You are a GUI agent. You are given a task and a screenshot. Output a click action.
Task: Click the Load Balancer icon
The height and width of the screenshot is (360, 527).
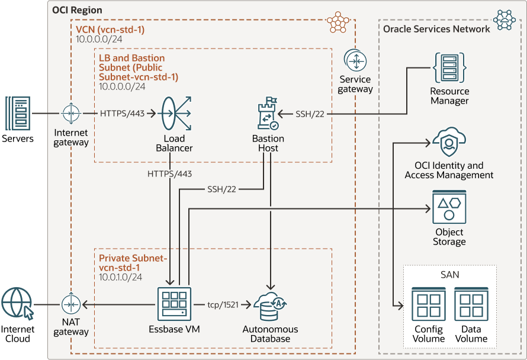[x=174, y=113]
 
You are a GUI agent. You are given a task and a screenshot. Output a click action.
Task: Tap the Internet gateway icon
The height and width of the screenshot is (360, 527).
[x=71, y=113]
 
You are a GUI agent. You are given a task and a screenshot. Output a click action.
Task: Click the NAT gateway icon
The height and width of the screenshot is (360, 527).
[x=71, y=304]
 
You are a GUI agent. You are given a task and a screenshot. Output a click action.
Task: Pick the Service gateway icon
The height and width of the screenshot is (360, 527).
[x=355, y=61]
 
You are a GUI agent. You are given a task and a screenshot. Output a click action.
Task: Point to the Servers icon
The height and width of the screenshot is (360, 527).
[x=18, y=114]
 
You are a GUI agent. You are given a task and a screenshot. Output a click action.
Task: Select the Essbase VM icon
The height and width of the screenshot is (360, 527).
[x=175, y=304]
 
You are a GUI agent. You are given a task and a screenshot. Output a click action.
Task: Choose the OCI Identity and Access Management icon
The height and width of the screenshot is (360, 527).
[x=449, y=143]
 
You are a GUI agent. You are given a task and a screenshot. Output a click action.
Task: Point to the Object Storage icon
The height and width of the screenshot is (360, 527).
[x=449, y=207]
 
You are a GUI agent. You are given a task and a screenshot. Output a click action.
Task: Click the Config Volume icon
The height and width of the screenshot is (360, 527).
[x=428, y=304]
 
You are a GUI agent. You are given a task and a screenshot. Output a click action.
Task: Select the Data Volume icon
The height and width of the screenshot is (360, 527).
[x=471, y=304]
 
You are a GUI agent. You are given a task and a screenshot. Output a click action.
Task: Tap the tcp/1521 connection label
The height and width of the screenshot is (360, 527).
[x=223, y=304]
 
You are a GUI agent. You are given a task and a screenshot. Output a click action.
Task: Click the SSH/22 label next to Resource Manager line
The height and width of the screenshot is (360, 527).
[x=310, y=114]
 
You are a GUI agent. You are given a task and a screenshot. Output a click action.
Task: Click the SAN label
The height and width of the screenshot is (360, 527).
[x=450, y=275]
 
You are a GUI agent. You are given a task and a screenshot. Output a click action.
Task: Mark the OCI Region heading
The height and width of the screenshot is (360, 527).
[x=77, y=10]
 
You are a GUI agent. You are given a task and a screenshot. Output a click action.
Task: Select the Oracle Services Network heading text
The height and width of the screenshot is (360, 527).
[x=436, y=29]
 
